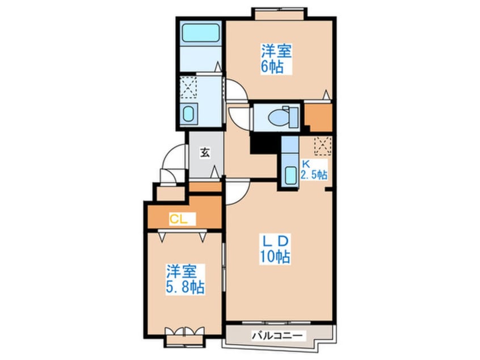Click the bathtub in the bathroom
pyautogui.click(x=201, y=33)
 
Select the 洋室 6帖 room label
pyautogui.click(x=276, y=59)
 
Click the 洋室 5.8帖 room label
pyautogui.click(x=185, y=279)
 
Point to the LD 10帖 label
pyautogui.click(x=275, y=249)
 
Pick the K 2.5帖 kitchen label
pyautogui.click(x=313, y=171)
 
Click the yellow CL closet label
pyautogui.click(x=179, y=219)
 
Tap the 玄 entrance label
pyautogui.click(x=205, y=152)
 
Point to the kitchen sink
pyautogui.click(x=290, y=175)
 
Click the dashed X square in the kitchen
pyautogui.click(x=323, y=146)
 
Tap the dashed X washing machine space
pyautogui.click(x=188, y=87)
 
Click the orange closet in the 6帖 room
pyautogui.click(x=319, y=117)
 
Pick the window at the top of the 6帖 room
pyautogui.click(x=279, y=14)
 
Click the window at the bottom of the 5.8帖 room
pyautogui.click(x=184, y=340)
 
